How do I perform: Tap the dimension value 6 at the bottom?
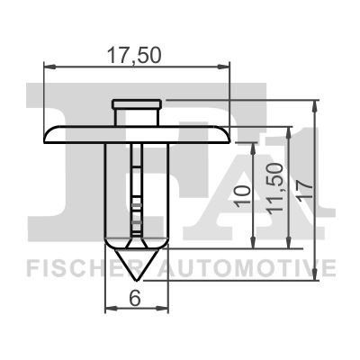pos(135,297)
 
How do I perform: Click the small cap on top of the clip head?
pos(135,105)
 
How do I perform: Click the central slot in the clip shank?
pos(135,189)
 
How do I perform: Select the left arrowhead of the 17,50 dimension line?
pos(47,65)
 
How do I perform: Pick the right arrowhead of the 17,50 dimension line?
pos(225,65)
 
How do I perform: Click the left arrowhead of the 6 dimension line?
pos(111,309)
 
